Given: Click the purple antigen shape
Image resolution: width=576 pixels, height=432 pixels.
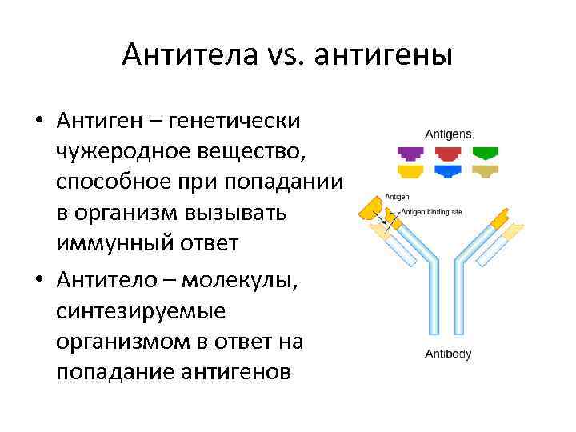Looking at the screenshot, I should point(411,153).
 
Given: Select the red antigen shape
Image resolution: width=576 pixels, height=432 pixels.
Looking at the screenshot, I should point(448,153).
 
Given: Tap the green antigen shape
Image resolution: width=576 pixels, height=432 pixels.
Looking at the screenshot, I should point(485,153).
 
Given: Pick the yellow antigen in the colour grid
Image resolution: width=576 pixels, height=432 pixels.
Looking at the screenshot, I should point(411,170).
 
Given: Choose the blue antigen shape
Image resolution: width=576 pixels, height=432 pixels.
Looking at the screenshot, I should point(448,170).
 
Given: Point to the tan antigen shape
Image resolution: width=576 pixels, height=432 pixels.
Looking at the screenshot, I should point(485,170).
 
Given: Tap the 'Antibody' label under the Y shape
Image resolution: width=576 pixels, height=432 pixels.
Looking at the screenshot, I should point(448,353).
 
